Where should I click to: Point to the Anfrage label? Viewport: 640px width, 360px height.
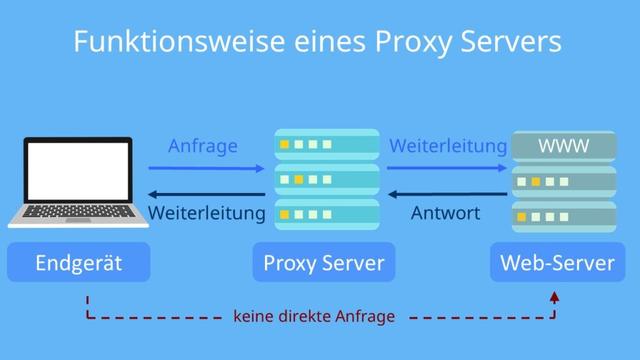click(x=203, y=146)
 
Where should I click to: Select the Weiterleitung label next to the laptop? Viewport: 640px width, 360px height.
click(x=206, y=213)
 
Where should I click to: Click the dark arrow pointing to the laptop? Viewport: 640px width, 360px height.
click(x=206, y=194)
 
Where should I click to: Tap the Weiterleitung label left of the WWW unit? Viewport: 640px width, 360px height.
click(x=447, y=146)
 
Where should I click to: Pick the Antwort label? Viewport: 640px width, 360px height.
click(x=446, y=213)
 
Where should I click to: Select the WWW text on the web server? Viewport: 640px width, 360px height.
click(x=564, y=147)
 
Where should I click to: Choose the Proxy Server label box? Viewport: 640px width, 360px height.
click(x=323, y=263)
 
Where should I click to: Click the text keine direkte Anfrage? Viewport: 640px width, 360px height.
click(x=314, y=317)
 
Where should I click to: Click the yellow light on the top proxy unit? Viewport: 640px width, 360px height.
click(x=285, y=145)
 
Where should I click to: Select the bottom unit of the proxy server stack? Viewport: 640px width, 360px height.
click(x=327, y=214)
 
